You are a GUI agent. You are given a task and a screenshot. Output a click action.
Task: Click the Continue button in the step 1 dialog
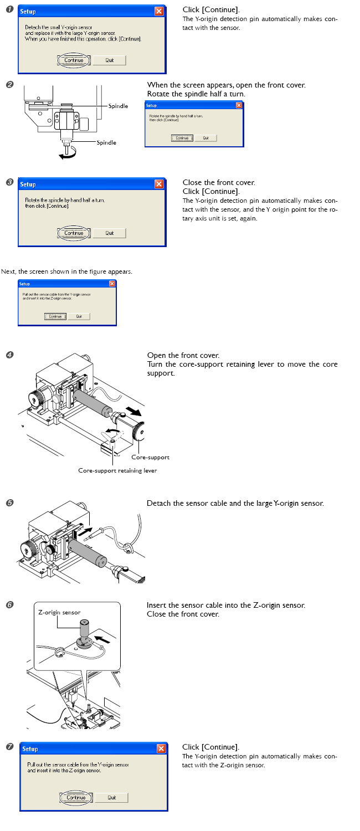pos(74,60)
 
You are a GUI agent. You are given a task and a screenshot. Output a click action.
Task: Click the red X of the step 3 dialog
pos(159,184)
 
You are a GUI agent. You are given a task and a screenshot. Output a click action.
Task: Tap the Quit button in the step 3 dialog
pos(109,233)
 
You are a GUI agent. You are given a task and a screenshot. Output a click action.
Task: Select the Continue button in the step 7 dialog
pos(74,797)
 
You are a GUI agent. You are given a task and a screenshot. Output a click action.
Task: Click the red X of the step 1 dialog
pos(159,11)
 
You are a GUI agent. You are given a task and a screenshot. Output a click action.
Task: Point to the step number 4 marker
pos(9,355)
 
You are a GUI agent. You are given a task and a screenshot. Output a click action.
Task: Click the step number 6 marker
pos(9,605)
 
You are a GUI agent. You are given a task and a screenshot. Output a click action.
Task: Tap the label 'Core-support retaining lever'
pos(117,470)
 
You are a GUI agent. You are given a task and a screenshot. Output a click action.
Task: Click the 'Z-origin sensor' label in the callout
pos(59,612)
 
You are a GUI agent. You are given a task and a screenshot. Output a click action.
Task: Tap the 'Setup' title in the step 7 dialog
pos(30,748)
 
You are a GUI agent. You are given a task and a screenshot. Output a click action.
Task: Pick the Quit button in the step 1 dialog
pos(109,60)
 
